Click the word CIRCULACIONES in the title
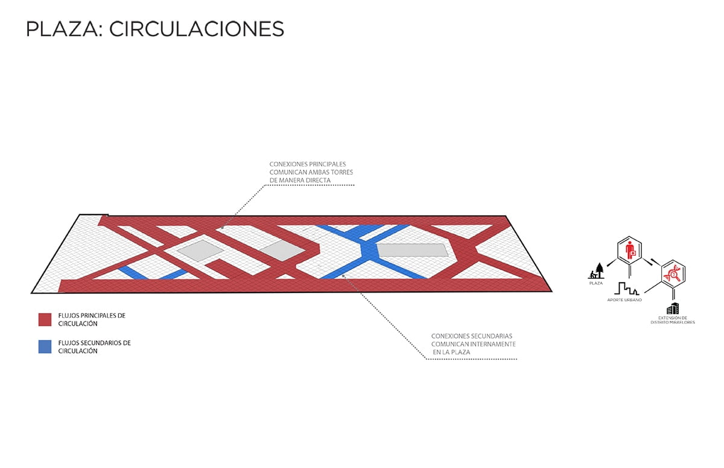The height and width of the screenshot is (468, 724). tap(197, 29)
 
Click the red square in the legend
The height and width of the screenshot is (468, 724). tap(45, 320)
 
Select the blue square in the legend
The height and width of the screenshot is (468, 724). tap(45, 347)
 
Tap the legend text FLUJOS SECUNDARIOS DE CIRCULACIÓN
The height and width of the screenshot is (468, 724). tap(94, 347)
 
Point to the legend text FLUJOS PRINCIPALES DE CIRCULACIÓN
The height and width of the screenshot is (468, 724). tap(92, 320)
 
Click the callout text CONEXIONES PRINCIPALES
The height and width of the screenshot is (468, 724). tap(308, 164)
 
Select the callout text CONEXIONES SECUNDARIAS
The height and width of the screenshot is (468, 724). tap(472, 336)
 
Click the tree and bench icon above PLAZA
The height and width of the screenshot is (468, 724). tap(596, 271)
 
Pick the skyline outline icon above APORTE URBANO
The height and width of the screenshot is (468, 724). tap(626, 289)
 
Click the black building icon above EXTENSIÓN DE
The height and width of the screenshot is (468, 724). tap(672, 308)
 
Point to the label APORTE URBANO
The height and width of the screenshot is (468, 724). tap(624, 300)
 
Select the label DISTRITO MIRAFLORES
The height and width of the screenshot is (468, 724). tap(673, 322)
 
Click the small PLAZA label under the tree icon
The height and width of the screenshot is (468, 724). tap(596, 283)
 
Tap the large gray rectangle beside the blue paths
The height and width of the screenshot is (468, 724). tap(413, 250)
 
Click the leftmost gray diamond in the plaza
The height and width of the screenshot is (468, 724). tap(200, 251)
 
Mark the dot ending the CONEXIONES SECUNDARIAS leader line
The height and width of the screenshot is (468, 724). tap(343, 276)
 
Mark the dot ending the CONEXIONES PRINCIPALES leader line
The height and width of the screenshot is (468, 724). tap(223, 228)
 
